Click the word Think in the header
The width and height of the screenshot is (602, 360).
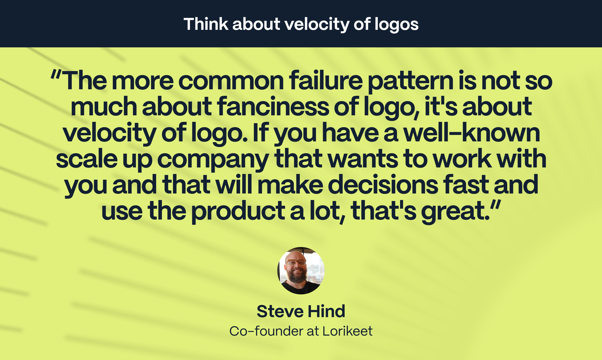[x=206, y=24]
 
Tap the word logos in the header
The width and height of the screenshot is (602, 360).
[x=396, y=25]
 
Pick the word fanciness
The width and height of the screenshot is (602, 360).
[x=273, y=106]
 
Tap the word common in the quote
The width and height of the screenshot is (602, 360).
[x=231, y=81]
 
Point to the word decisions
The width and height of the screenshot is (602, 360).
[x=383, y=185]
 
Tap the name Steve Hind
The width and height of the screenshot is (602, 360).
[x=301, y=311]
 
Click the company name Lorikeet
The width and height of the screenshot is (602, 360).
[x=347, y=331]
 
